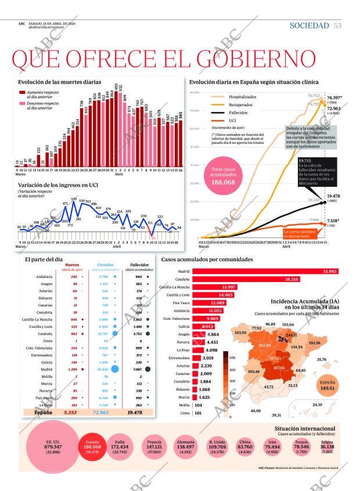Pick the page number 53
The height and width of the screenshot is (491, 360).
pyautogui.click(x=338, y=26)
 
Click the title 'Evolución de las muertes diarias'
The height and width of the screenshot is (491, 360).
pyautogui.click(x=55, y=83)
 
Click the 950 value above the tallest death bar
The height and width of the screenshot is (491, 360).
pyautogui.click(x=117, y=86)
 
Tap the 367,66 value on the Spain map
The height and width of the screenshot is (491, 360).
pyautogui.click(x=279, y=369)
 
